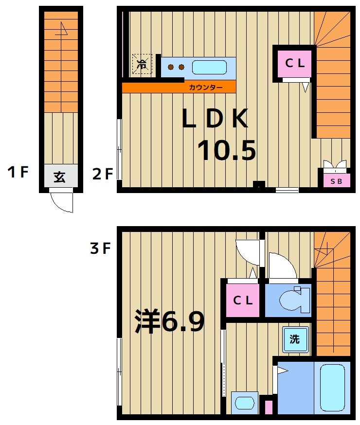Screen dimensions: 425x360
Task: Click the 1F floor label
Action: click(18, 173)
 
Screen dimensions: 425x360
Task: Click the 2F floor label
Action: click(103, 173)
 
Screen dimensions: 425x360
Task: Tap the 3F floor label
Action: click(100, 249)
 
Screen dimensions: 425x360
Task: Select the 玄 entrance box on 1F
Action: click(60, 177)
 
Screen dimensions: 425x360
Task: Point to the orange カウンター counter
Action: click(179, 88)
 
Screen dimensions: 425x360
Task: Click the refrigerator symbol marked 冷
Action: click(142, 64)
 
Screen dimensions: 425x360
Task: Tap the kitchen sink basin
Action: click(209, 67)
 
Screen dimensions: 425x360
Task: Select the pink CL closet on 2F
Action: click(294, 63)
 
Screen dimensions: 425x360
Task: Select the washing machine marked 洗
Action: click(295, 339)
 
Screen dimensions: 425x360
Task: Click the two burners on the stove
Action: click(176, 67)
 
